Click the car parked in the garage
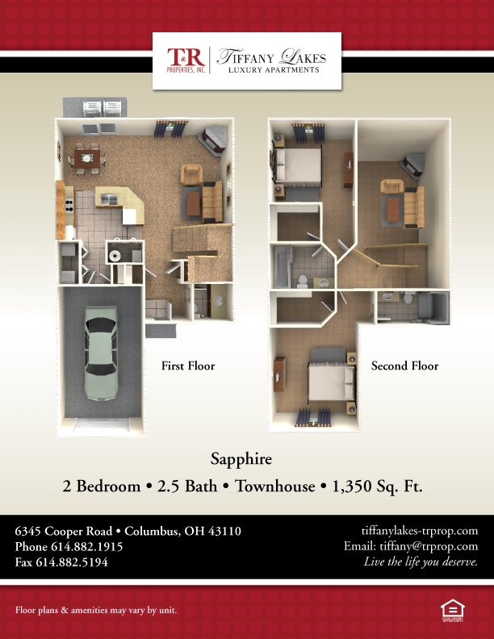tap(101, 353)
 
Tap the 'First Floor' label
tap(188, 365)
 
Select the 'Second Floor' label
tap(404, 365)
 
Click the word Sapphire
tap(241, 459)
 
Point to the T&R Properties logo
tap(186, 60)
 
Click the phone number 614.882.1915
tap(87, 546)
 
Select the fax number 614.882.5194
tap(72, 562)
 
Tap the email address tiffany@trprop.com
tap(429, 546)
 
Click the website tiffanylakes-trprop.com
tap(420, 531)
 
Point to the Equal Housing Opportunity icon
tap(452, 611)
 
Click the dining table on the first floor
tap(87, 157)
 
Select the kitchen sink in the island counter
tap(109, 199)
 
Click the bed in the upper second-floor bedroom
tap(298, 165)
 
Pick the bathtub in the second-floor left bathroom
tap(282, 266)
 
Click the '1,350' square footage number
tap(352, 487)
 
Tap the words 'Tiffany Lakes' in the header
tap(271, 56)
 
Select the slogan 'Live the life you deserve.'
tap(421, 562)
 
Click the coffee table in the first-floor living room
tap(194, 203)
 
